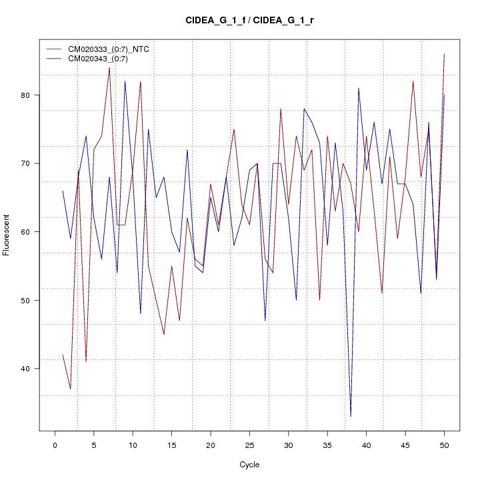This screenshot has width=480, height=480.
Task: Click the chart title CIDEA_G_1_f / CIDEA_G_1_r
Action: [249, 21]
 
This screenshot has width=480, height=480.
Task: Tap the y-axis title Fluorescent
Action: [7, 235]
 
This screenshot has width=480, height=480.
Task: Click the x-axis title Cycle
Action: [249, 465]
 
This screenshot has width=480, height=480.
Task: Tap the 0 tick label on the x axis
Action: [55, 445]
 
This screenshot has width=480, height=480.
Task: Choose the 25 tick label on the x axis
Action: [249, 445]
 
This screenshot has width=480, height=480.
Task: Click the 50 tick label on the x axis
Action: [444, 445]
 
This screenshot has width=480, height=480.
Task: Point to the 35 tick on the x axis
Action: [327, 445]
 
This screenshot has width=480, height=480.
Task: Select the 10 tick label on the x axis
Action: [133, 445]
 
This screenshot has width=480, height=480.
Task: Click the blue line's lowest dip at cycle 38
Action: [351, 417]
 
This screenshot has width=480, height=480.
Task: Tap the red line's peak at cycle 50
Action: [444, 54]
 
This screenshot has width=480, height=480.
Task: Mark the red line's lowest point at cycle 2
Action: [70, 389]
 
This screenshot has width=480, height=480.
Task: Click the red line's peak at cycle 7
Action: [109, 68]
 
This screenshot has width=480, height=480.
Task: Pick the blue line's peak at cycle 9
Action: [125, 81]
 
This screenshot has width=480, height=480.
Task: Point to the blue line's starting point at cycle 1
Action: [63, 191]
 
